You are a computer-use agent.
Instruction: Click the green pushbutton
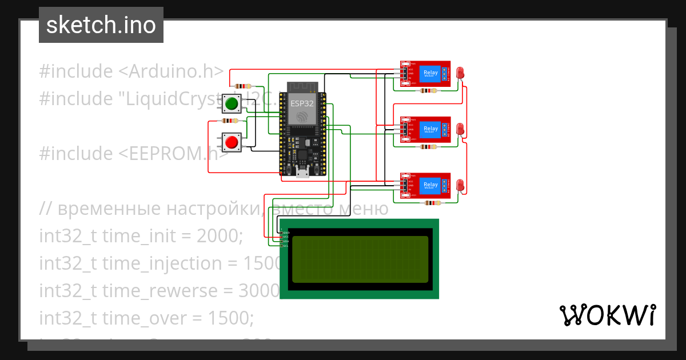click(x=232, y=104)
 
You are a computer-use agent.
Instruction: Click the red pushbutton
click(x=232, y=142)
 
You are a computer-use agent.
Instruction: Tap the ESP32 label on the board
click(x=302, y=103)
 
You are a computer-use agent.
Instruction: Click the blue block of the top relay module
click(x=430, y=73)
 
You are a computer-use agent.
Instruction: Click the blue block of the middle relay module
click(x=430, y=129)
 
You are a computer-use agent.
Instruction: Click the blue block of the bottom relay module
click(x=430, y=185)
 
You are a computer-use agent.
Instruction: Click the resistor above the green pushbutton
click(x=243, y=86)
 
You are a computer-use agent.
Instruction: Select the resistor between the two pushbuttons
click(x=230, y=121)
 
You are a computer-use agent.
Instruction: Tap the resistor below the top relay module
click(x=428, y=90)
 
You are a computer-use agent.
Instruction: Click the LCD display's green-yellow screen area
click(x=360, y=259)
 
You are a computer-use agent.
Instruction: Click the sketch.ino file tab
click(x=101, y=25)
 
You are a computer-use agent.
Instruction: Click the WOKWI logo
click(x=607, y=315)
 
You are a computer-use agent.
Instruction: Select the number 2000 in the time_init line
click(x=217, y=235)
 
